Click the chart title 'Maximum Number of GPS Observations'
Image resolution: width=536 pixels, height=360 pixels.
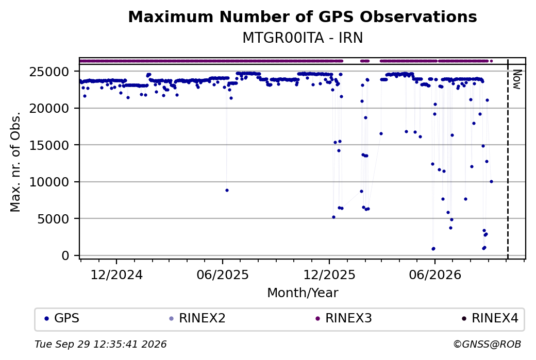303,16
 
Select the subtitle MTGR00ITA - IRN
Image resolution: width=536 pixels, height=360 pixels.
303,38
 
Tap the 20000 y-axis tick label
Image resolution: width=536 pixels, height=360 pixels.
49,108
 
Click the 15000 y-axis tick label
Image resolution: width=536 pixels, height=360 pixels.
49,145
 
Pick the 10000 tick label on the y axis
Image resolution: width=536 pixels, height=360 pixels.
49,182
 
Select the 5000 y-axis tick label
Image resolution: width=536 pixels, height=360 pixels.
53,219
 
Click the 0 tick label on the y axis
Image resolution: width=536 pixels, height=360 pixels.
65,256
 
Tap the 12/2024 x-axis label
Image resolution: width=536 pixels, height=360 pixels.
116,275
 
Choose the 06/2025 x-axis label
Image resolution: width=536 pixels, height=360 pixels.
223,275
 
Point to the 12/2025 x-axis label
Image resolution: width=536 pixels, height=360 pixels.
329,275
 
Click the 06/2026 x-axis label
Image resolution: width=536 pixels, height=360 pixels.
435,275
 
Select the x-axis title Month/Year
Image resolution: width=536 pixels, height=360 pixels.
303,293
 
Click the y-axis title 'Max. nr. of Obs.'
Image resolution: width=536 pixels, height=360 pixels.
15,162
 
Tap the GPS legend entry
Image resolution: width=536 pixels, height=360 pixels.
62,318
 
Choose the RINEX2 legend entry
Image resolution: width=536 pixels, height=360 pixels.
197,318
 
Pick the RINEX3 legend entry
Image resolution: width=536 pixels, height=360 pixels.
344,318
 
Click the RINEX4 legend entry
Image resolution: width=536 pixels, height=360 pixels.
490,318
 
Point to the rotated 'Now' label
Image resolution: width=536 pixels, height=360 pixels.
517,79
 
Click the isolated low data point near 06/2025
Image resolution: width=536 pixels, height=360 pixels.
227,190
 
